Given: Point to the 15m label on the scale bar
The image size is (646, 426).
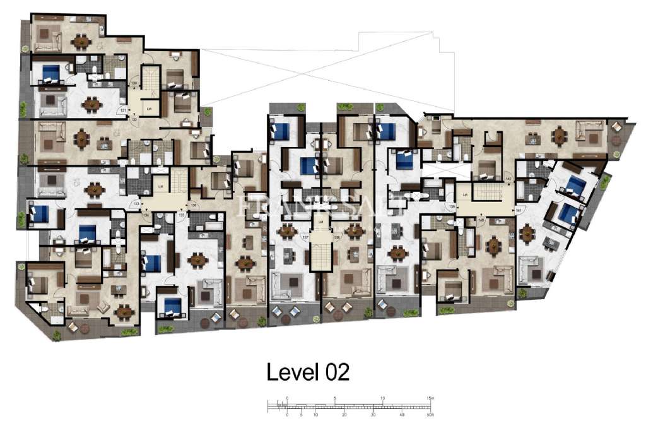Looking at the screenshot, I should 430,398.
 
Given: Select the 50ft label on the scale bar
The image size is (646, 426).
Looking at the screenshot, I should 430,415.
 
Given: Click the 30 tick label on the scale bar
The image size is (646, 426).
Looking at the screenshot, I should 373,415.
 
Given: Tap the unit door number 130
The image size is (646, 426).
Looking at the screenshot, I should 134,83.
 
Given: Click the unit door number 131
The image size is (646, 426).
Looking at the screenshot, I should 124,110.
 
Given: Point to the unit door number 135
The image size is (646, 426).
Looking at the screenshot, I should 182,215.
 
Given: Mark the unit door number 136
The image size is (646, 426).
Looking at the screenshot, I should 194,204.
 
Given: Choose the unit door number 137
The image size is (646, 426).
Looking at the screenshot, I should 305,237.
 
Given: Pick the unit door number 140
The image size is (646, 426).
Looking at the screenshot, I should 482,220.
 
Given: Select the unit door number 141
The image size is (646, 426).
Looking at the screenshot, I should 519,210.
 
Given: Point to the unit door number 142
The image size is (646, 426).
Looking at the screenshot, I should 508,180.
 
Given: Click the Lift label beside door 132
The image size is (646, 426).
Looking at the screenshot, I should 150,109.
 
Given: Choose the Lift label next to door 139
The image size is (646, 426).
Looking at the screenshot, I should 465,195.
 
